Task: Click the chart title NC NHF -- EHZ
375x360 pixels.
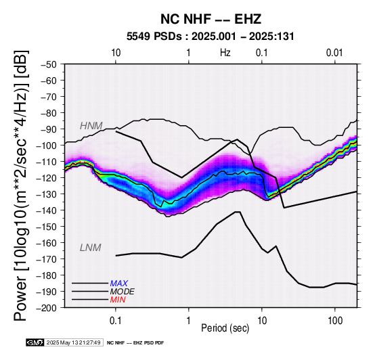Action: click(211, 19)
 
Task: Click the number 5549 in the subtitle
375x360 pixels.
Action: click(138, 37)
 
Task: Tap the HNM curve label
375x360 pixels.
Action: click(91, 126)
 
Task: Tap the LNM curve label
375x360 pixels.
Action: click(91, 248)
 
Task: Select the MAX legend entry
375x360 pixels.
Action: click(119, 284)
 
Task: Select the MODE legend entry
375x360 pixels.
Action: click(123, 292)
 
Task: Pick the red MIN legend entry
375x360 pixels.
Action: click(118, 300)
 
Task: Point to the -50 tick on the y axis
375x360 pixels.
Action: click(49, 64)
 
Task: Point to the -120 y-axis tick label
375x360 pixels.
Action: click(47, 178)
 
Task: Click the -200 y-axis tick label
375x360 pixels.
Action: click(47, 308)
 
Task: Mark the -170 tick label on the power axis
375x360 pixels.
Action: click(47, 259)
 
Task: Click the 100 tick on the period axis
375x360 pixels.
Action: click(335, 321)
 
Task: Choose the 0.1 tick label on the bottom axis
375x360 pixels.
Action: click(116, 321)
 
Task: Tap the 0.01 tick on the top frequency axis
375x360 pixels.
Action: click(334, 53)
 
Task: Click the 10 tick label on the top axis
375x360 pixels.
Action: click(116, 53)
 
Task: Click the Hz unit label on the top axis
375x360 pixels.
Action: click(225, 53)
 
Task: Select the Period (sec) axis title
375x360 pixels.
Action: click(225, 328)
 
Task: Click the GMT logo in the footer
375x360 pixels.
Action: click(35, 342)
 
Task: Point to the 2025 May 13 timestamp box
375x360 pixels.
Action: click(74, 342)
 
